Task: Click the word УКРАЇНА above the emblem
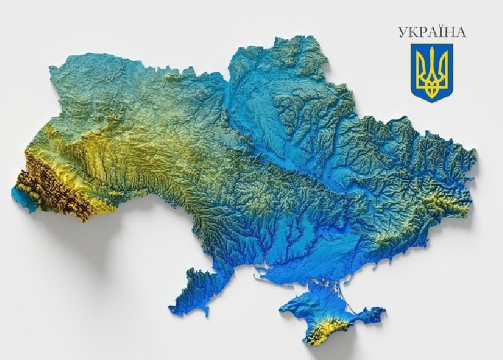pyautogui.click(x=431, y=32)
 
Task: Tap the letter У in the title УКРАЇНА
pyautogui.click(x=401, y=32)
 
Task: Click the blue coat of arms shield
pyautogui.click(x=431, y=71)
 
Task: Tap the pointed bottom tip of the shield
pyautogui.click(x=431, y=100)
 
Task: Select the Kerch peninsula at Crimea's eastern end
pyautogui.click(x=370, y=316)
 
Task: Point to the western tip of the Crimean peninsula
pyautogui.click(x=283, y=310)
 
